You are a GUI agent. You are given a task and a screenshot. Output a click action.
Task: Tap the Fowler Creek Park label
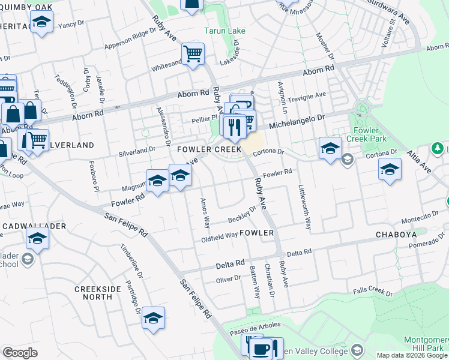click(366, 134)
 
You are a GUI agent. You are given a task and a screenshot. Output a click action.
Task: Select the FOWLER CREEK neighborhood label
click(208, 149)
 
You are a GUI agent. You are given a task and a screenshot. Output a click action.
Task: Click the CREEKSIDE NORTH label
click(98, 293)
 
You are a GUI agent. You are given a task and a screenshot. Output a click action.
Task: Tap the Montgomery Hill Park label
click(426, 343)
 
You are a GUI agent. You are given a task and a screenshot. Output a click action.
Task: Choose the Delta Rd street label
click(231, 263)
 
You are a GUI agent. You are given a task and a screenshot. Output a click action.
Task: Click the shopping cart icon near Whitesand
click(193, 53)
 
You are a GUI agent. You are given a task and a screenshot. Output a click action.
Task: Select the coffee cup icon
click(261, 349)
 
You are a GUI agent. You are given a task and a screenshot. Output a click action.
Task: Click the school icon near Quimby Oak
click(41, 22)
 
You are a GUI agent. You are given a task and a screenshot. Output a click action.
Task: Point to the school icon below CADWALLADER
click(37, 239)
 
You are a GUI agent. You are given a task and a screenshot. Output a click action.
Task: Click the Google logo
click(20, 353)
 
